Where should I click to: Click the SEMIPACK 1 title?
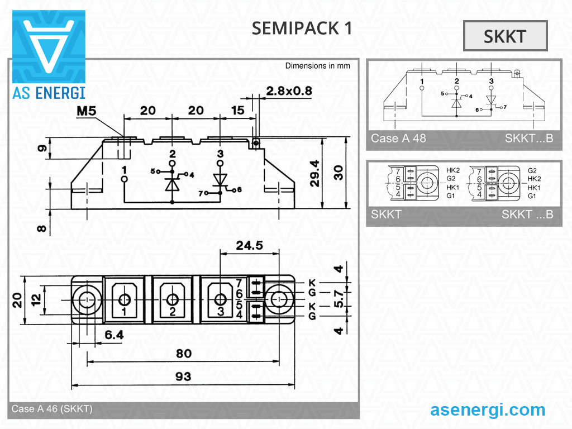point(302,28)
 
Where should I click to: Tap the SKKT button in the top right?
point(505,36)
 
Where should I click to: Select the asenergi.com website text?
point(488,409)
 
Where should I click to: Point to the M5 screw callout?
point(87,111)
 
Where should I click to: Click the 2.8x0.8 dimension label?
point(289,91)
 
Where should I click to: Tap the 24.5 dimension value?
point(249,245)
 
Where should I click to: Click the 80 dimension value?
point(183,353)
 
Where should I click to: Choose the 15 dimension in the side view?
point(238,111)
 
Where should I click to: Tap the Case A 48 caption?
point(398,138)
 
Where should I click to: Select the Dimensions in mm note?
point(318,66)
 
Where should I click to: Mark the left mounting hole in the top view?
point(86,301)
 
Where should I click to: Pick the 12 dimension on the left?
point(36,299)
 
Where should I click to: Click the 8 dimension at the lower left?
point(42,229)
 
